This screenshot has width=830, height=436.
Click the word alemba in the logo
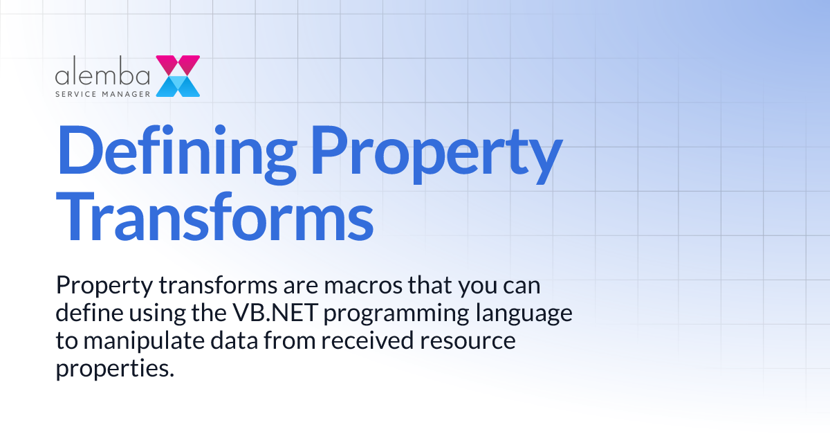102,73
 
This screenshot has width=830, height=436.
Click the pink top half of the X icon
178,65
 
